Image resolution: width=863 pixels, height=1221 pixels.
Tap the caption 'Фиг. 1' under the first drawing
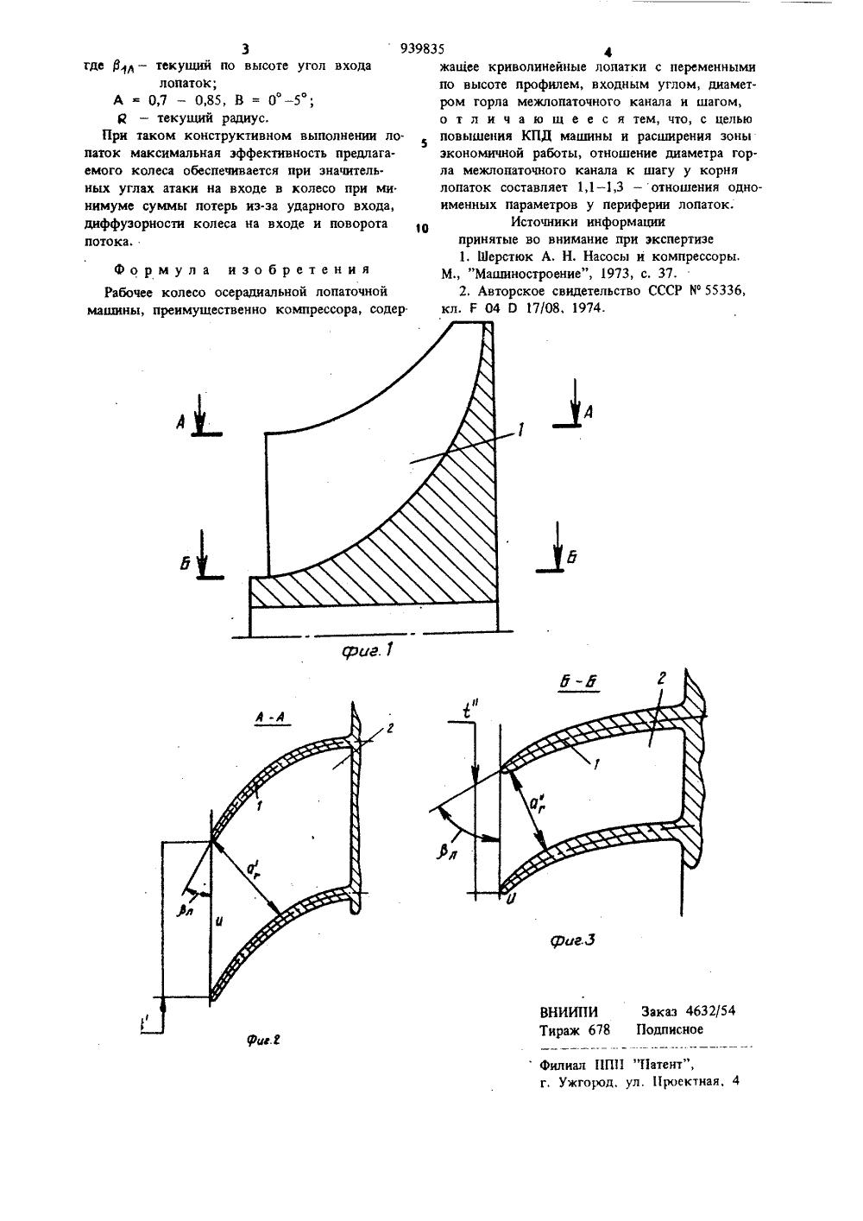pos(365,652)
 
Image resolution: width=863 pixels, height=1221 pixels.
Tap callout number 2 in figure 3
pos(659,680)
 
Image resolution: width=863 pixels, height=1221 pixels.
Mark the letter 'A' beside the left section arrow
pos(182,421)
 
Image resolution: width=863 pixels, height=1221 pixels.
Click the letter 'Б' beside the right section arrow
pos(571,557)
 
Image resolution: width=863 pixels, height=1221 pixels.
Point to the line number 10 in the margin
pos(421,228)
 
